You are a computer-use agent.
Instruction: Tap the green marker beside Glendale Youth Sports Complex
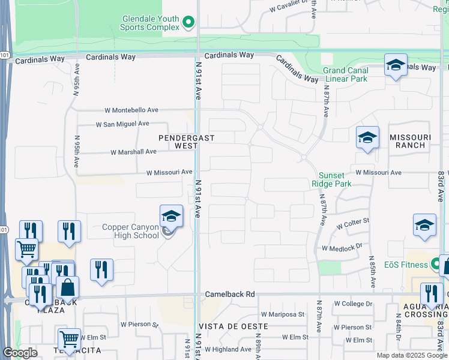tap(189, 23)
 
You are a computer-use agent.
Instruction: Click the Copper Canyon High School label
tap(131, 231)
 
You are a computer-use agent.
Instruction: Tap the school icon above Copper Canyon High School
tap(171, 215)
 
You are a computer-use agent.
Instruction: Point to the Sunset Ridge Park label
tap(331, 180)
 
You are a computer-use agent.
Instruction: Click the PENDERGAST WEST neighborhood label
tap(186, 142)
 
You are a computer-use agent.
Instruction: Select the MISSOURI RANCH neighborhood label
tap(408, 141)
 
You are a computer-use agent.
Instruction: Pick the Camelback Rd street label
tap(230, 295)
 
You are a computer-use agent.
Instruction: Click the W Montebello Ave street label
tap(131, 110)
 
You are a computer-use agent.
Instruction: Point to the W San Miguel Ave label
tap(122, 124)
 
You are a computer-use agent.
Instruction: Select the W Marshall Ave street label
tap(133, 152)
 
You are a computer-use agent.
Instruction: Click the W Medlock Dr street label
tap(342, 247)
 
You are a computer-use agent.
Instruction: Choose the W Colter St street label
tap(353, 226)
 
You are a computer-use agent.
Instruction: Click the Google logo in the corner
tap(20, 353)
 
